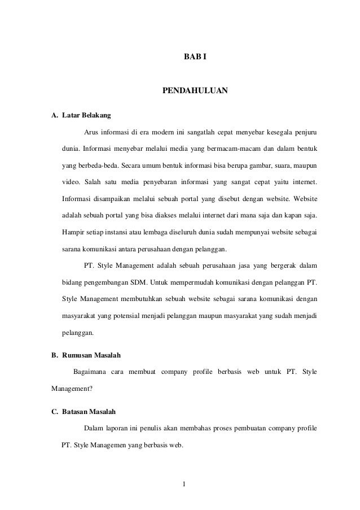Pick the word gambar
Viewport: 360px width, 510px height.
point(255,167)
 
